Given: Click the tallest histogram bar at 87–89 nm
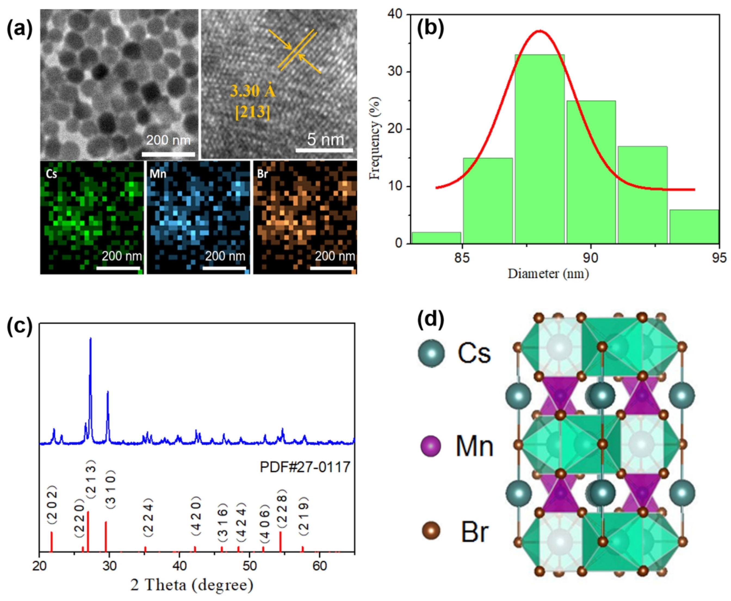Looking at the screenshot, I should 539,149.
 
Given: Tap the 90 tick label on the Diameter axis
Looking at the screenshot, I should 590,258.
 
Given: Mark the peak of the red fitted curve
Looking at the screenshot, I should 540,31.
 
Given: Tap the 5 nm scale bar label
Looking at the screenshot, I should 326,139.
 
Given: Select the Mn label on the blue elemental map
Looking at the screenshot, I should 158,173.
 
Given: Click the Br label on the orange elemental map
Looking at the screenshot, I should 262,173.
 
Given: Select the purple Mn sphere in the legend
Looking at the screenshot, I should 430,446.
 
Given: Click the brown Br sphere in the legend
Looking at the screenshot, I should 431,530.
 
